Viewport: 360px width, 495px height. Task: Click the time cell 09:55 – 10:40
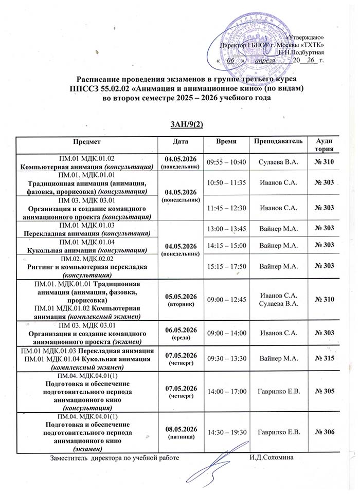pyautogui.click(x=227, y=162)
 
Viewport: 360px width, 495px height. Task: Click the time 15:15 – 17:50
pyautogui.click(x=227, y=265)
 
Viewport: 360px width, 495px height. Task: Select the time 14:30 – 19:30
pyautogui.click(x=227, y=432)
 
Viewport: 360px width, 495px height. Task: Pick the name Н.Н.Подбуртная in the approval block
pyautogui.click(x=301, y=52)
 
